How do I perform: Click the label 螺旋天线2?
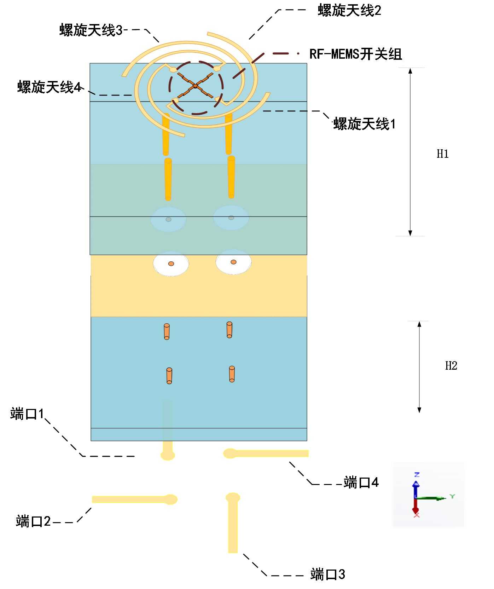(349, 11)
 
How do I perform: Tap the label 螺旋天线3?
(91, 30)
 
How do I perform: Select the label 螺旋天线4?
(50, 87)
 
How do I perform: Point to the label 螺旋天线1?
(365, 124)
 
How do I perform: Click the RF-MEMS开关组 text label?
(355, 54)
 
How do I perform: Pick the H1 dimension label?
(442, 154)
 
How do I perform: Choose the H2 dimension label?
(451, 366)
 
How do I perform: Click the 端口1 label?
(27, 414)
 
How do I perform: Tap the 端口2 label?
(33, 521)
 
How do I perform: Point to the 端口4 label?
(361, 483)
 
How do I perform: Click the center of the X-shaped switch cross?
(195, 86)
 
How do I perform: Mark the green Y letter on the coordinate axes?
(452, 496)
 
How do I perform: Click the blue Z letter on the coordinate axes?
(417, 474)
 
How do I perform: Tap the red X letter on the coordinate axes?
(417, 515)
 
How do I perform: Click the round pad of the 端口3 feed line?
(233, 498)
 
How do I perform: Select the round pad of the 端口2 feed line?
(171, 499)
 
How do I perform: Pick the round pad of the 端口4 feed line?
(230, 453)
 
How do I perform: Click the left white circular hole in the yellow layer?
(171, 264)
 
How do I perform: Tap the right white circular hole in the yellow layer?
(233, 262)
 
